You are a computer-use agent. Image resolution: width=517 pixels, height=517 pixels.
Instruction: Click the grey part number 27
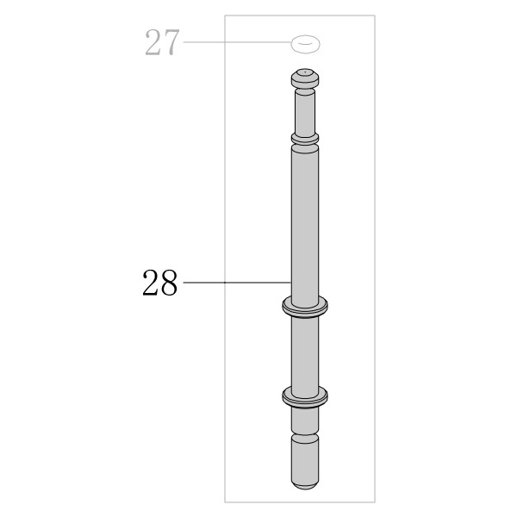tap(162, 42)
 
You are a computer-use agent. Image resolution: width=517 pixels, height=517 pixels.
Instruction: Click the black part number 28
tap(160, 283)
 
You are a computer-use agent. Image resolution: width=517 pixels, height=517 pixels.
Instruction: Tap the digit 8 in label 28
tap(170, 283)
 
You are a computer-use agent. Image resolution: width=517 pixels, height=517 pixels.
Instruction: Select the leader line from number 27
tap(237, 42)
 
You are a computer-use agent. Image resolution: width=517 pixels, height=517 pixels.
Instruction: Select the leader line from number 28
tap(237, 283)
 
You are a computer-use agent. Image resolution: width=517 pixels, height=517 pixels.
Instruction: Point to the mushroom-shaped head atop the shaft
tap(305, 78)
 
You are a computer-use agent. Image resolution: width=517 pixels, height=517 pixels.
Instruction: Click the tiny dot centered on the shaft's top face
tap(306, 71)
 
